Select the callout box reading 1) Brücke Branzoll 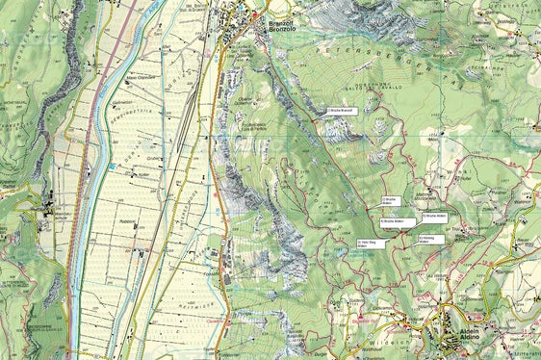tap(342, 111)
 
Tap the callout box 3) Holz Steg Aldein tap(370, 244)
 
